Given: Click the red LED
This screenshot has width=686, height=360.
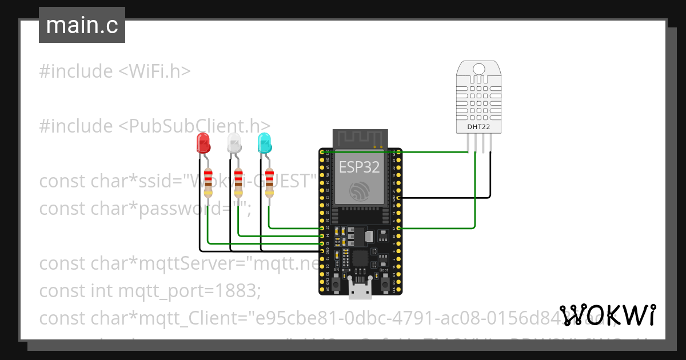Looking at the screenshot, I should pos(203,142).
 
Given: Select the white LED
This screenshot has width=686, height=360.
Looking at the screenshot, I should pos(234,142).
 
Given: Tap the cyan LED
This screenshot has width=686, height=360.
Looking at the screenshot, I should pos(264,142).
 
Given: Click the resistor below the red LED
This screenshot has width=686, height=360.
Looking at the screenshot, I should pos(208,182).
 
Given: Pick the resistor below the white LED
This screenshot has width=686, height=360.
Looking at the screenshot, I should pos(238,182).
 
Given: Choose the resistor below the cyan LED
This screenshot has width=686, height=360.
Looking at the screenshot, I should pos(269,182).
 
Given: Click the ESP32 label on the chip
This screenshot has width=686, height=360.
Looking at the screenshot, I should pos(360,167).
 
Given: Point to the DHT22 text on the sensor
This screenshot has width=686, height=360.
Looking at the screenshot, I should pos(479,127).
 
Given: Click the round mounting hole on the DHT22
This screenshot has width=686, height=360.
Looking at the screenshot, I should pos(479,70).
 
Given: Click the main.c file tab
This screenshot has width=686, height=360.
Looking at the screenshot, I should pos(82,26).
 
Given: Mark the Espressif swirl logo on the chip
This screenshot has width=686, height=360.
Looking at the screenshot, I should pos(360,191).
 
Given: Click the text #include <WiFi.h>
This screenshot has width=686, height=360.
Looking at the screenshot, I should pos(114,71).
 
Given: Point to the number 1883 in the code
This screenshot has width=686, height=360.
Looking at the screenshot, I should pos(238,291).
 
